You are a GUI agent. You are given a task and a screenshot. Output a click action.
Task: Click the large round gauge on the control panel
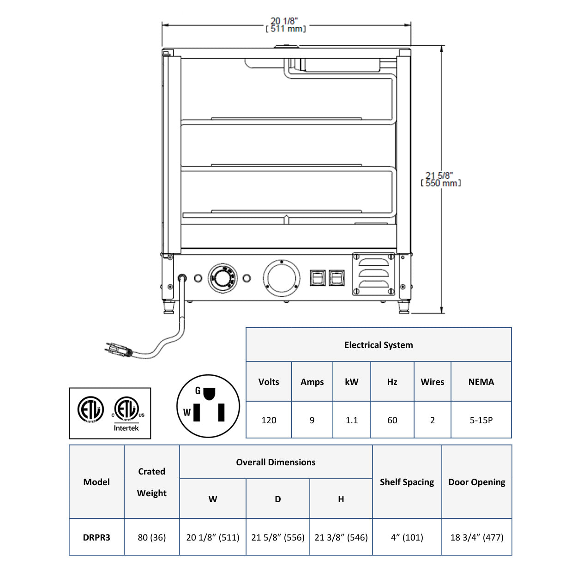tap(282, 278)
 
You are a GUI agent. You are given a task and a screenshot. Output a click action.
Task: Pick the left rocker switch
tap(318, 277)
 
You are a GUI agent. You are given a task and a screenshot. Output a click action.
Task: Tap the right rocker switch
tap(337, 277)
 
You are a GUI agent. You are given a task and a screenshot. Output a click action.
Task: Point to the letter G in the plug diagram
tap(198, 391)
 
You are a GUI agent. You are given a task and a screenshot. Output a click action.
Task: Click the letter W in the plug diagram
tap(186, 412)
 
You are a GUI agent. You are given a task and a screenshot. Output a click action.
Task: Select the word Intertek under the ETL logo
tap(126, 428)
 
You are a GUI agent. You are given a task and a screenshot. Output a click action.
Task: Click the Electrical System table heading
tap(379, 345)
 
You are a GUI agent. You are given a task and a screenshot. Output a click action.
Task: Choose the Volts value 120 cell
tap(269, 420)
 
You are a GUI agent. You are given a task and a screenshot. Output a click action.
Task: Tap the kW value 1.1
tap(352, 420)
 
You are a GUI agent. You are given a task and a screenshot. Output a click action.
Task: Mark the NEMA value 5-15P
tap(481, 420)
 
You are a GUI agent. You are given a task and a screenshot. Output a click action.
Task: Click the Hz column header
tap(392, 382)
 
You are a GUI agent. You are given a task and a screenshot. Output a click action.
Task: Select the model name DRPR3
tap(96, 537)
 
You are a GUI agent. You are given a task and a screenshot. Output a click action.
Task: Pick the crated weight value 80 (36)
tap(152, 537)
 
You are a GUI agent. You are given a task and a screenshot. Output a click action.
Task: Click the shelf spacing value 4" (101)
tap(407, 537)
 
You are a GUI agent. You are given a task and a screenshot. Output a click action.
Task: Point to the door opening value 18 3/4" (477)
tap(477, 537)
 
